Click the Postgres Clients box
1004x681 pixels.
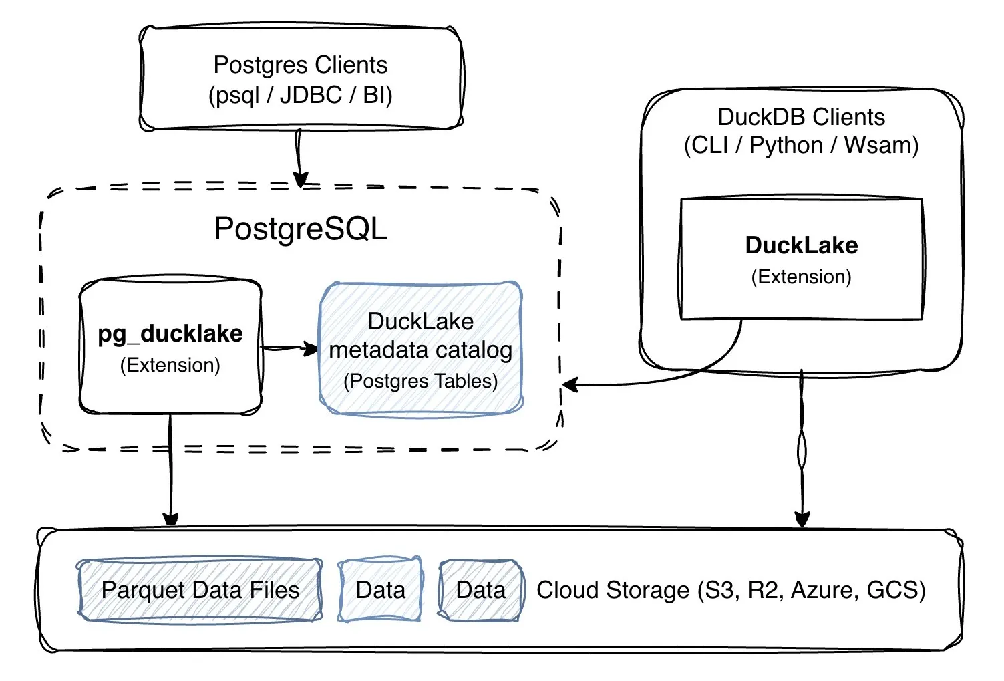(x=301, y=79)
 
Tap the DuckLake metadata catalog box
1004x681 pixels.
(x=421, y=350)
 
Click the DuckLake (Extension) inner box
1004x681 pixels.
(x=801, y=259)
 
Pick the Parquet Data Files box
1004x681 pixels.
(x=200, y=590)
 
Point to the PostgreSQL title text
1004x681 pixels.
(x=301, y=229)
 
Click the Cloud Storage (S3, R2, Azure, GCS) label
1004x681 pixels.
(x=731, y=590)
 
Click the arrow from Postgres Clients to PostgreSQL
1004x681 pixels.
(x=299, y=158)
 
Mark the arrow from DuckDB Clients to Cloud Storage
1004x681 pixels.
(x=802, y=448)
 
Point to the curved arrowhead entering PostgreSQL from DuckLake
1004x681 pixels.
(x=570, y=385)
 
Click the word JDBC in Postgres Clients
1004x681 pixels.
(x=311, y=95)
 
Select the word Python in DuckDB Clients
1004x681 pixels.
(x=786, y=145)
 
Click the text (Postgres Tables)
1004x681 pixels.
(x=421, y=381)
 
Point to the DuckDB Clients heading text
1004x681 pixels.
(x=801, y=117)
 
